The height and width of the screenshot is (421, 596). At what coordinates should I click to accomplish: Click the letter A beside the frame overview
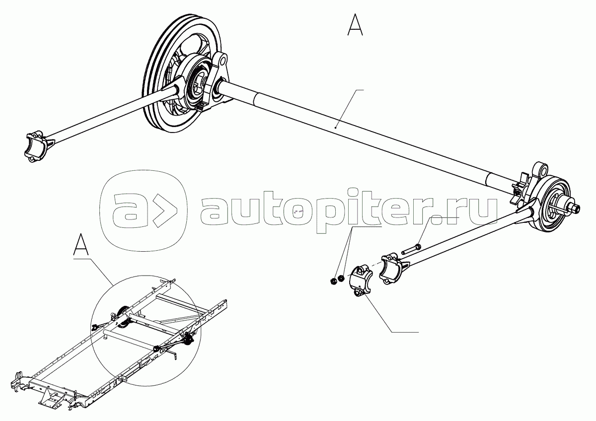pyautogui.click(x=81, y=246)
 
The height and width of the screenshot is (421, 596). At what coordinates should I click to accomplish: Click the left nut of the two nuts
pyautogui.click(x=333, y=281)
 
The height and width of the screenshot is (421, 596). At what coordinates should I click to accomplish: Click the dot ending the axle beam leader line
pyautogui.click(x=336, y=128)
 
